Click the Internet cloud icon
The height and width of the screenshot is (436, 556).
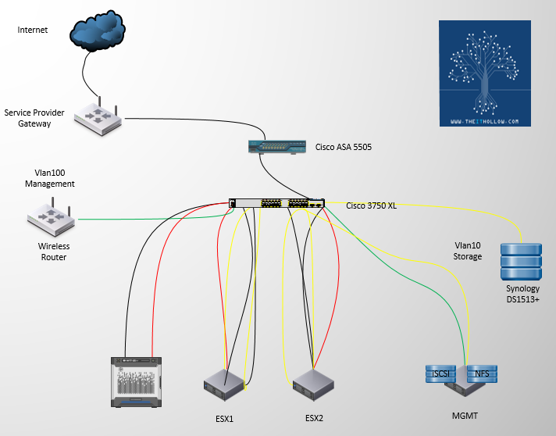[97, 34]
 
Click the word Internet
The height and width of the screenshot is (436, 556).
[33, 30]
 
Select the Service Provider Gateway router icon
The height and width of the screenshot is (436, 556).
[98, 116]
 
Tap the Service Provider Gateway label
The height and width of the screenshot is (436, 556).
[34, 118]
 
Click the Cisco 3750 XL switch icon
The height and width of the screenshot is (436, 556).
[277, 203]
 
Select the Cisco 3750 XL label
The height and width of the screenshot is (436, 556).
[372, 205]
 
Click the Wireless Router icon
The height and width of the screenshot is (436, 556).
[51, 218]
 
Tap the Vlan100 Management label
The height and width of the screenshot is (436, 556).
[50, 178]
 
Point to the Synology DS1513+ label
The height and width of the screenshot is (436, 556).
[522, 295]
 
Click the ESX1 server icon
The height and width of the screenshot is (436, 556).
[226, 383]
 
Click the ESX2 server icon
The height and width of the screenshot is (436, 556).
[314, 383]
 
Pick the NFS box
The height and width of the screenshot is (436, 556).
[483, 371]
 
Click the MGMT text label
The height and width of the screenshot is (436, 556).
[466, 415]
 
